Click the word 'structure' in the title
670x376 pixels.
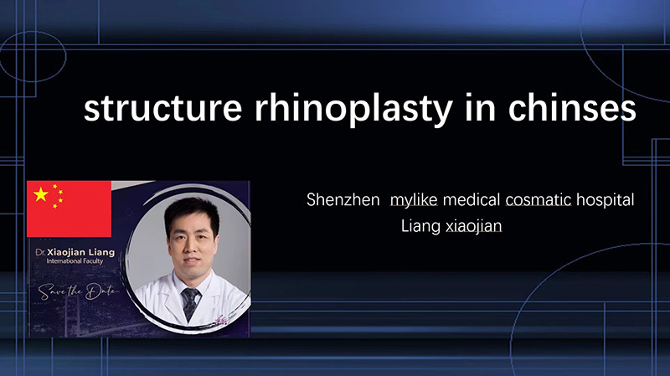(x=162, y=108)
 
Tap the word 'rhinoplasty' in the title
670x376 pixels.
(x=353, y=110)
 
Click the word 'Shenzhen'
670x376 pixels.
(x=343, y=200)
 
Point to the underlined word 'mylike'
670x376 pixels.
(x=414, y=200)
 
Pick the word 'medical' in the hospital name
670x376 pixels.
(x=472, y=200)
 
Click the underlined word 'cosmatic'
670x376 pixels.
(x=539, y=200)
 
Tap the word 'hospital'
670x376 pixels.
(x=606, y=200)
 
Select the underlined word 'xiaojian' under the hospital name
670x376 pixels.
(x=474, y=226)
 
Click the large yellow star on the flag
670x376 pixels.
(x=41, y=194)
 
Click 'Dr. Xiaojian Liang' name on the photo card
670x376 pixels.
(x=75, y=252)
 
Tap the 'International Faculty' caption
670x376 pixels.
(x=75, y=261)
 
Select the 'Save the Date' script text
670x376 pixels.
(x=77, y=291)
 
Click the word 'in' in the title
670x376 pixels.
(x=480, y=108)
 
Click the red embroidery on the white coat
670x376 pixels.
(x=222, y=321)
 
